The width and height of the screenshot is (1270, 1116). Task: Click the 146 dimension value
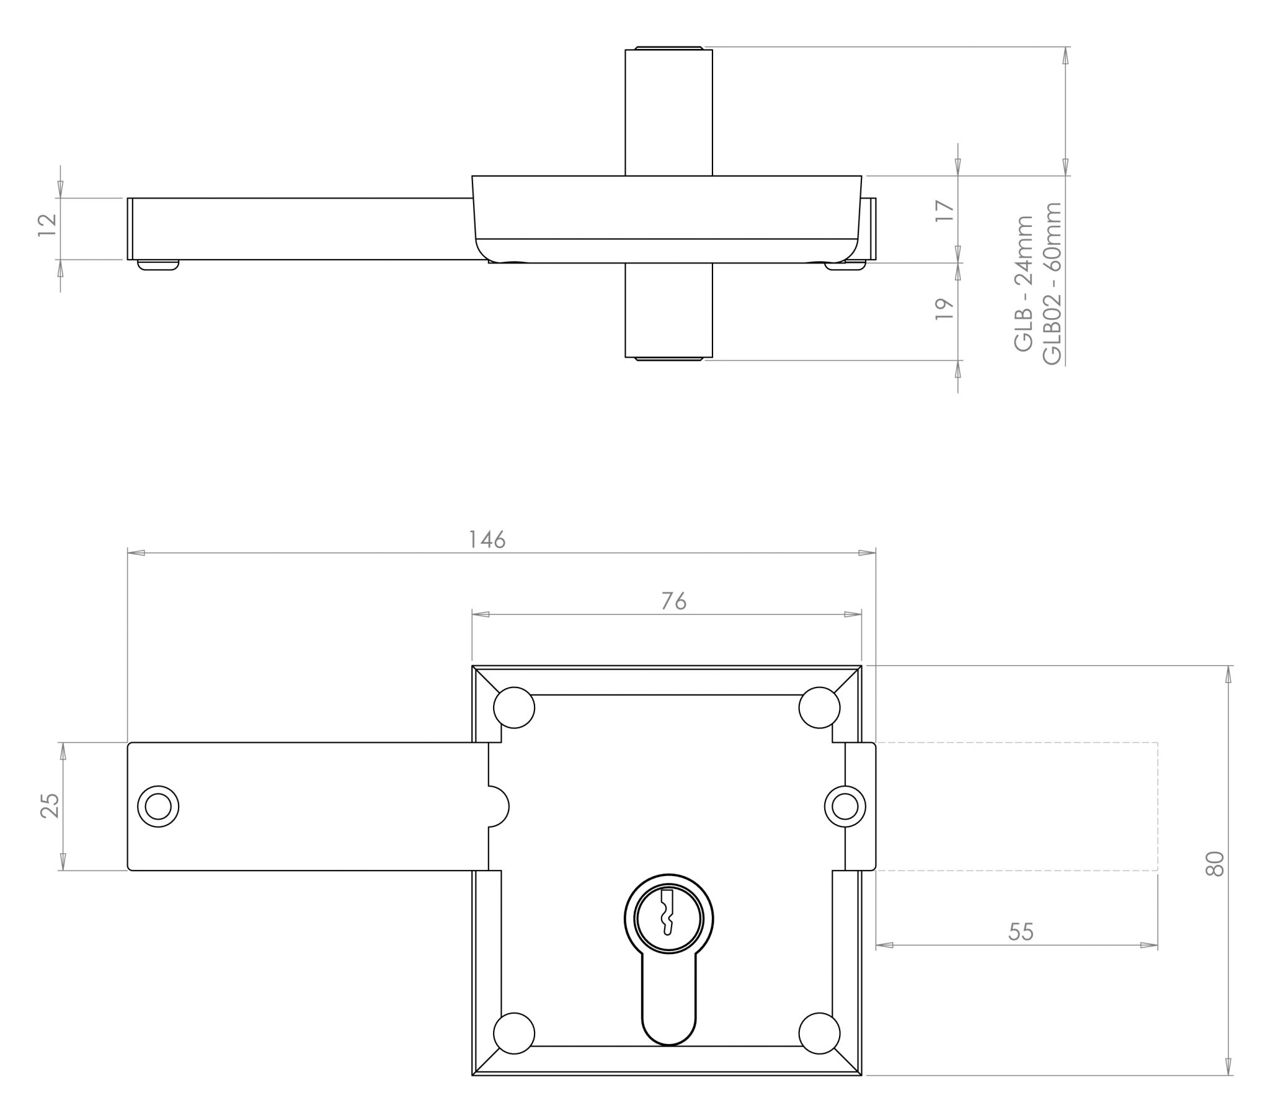(487, 539)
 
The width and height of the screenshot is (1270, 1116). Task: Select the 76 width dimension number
(673, 601)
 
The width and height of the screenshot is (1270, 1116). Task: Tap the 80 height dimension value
(1215, 863)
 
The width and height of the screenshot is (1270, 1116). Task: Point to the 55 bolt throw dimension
(1020, 931)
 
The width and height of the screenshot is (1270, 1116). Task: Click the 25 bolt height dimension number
(50, 805)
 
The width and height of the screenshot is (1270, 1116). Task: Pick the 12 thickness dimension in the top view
(48, 225)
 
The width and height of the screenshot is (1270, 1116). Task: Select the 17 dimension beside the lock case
(944, 211)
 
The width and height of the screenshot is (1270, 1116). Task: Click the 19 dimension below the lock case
(944, 309)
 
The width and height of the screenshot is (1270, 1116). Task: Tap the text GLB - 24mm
(1023, 283)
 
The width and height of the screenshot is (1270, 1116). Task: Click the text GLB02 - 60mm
(1052, 283)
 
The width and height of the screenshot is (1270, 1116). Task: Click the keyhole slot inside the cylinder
(668, 911)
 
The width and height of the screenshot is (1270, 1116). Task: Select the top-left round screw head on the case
(514, 707)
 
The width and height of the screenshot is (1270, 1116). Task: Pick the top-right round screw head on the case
(819, 707)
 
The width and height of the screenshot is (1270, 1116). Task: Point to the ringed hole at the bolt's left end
(158, 807)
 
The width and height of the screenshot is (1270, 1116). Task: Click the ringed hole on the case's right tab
(845, 807)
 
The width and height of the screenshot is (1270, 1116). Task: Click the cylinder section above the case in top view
(668, 112)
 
